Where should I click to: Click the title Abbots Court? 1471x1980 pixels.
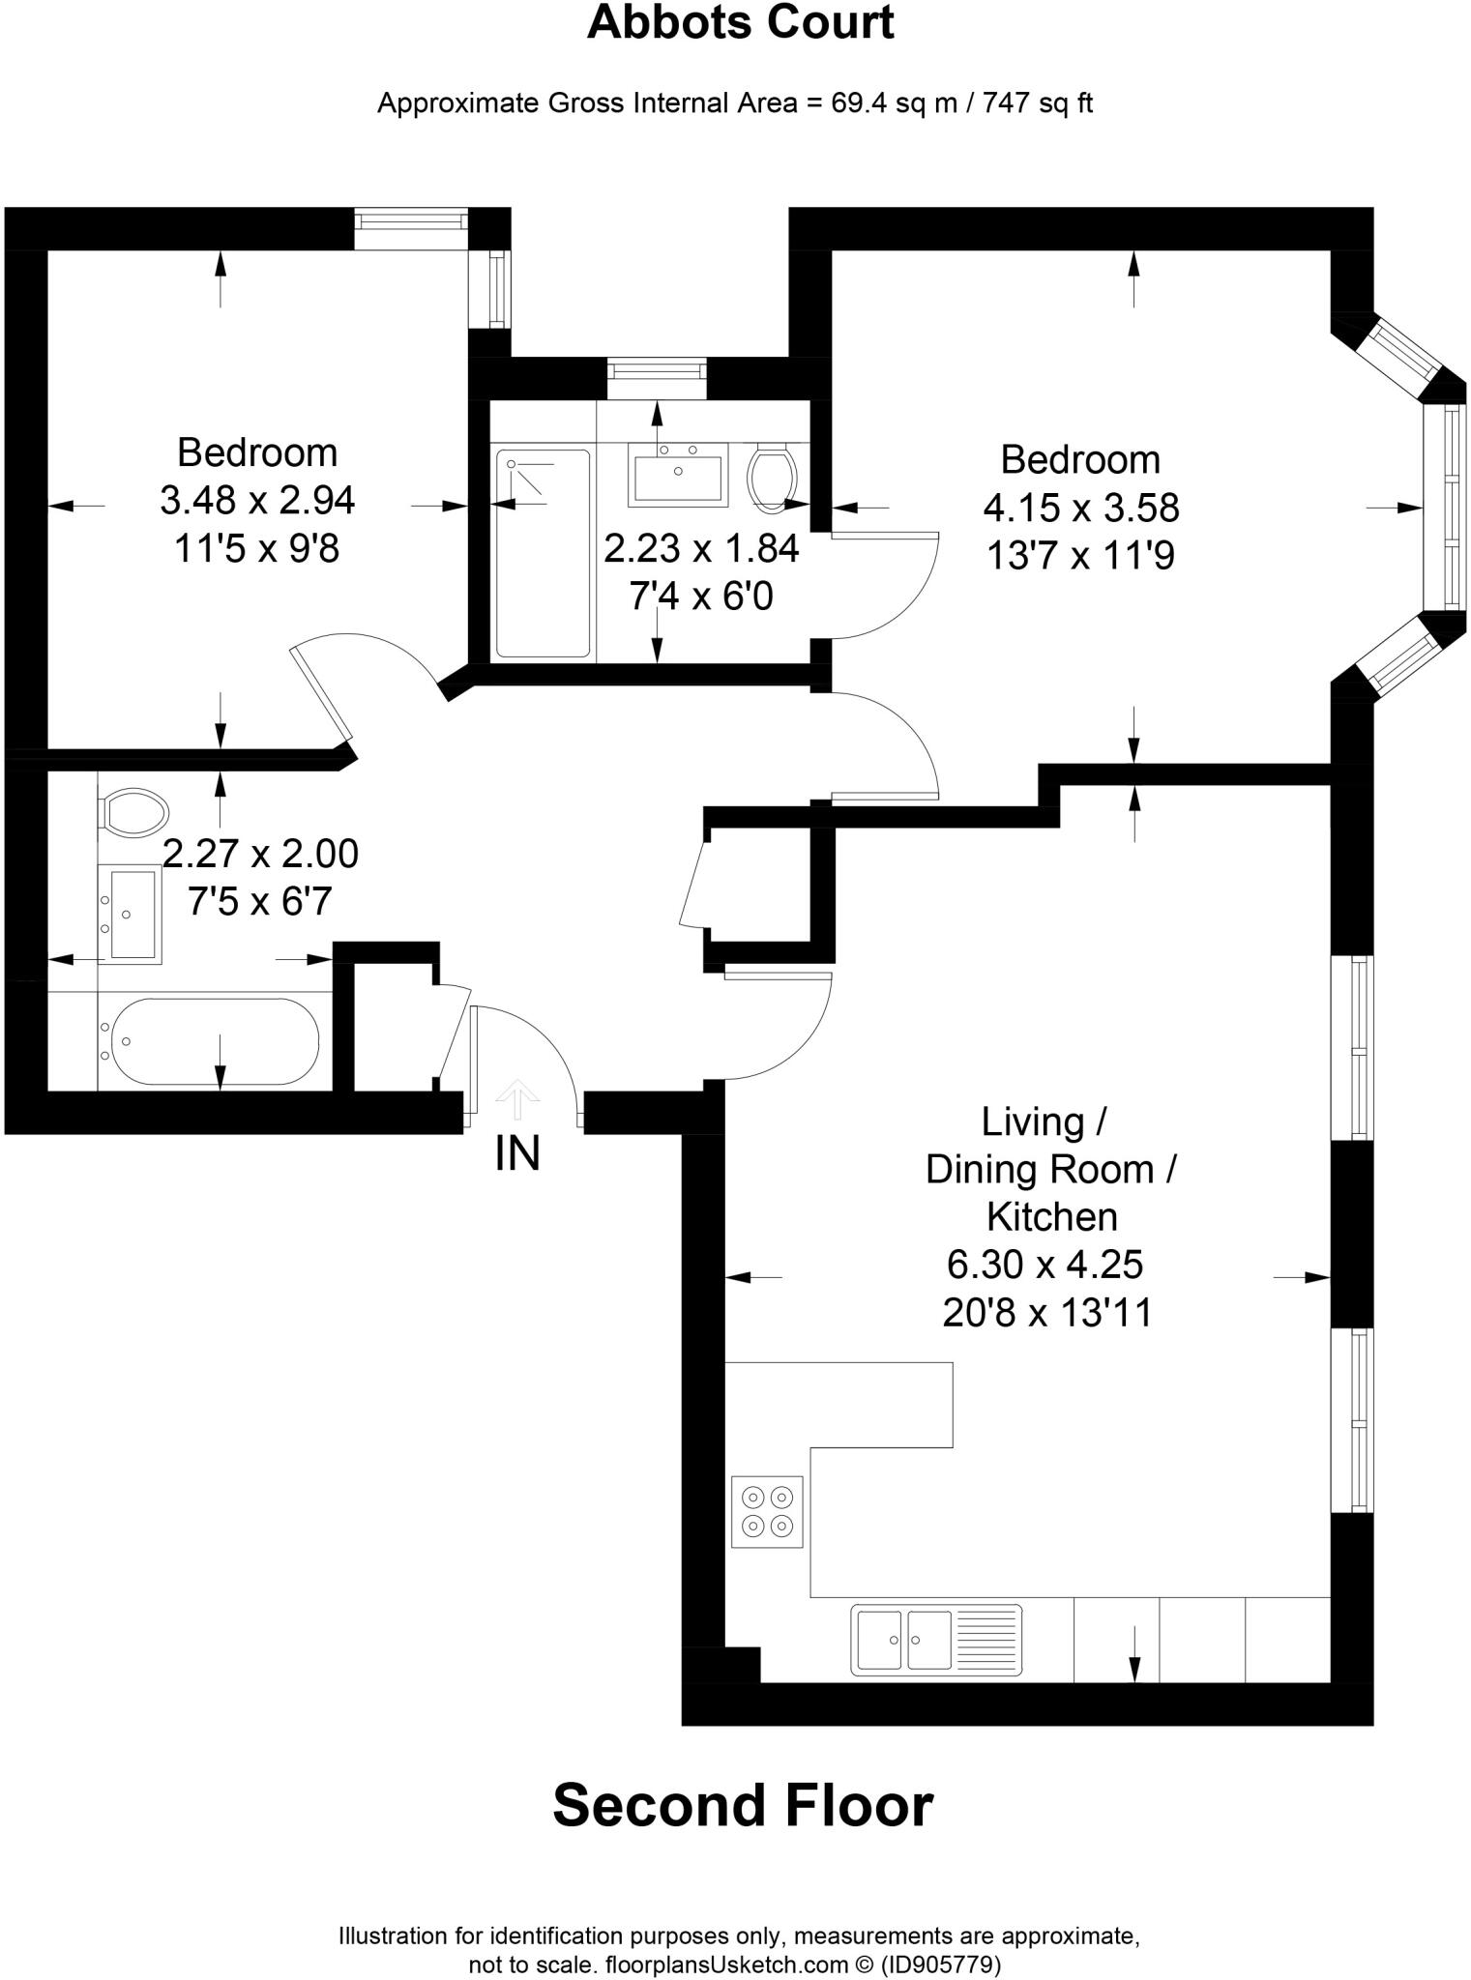coord(740,23)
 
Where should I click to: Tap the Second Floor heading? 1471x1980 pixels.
coord(742,1805)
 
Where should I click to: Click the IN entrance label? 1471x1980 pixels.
coord(517,1153)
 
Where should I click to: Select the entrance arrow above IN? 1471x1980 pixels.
coord(518,1098)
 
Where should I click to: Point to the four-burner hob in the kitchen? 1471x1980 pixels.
coord(767,1512)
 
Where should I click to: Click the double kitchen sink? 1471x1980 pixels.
coord(935,1640)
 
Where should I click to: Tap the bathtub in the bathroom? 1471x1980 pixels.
coord(215,1042)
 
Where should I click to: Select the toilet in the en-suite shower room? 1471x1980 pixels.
coord(772,476)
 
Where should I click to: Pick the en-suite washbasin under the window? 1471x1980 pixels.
coord(677,473)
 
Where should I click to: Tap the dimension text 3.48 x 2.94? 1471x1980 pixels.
coord(257,501)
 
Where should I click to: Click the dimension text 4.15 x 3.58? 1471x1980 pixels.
coord(1080,508)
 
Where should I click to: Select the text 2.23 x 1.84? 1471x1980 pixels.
coord(701,549)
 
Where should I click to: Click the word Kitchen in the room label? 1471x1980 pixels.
coord(1052,1216)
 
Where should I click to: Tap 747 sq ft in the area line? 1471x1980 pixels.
coord(1038,103)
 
